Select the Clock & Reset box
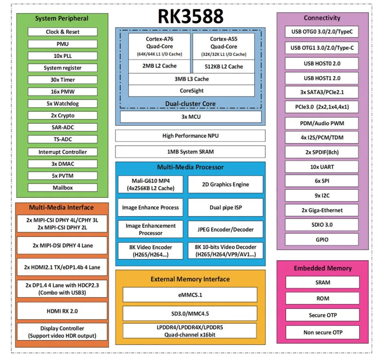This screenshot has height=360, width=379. click(63, 32)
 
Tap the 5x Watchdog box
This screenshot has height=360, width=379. click(63, 104)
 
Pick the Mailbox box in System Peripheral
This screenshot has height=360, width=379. click(63, 188)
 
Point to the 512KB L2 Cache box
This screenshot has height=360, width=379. click(224, 66)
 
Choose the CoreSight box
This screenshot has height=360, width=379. click(191, 91)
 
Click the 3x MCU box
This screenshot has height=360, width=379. click(190, 117)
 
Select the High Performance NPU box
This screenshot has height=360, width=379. click(190, 136)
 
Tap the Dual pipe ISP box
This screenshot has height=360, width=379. click(225, 207)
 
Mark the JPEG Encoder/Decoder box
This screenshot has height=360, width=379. click(225, 229)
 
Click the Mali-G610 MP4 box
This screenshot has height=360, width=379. click(151, 184)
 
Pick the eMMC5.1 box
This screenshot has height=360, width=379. click(190, 295)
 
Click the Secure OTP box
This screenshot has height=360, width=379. click(322, 315)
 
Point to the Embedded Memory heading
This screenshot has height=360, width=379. click(322, 268)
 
